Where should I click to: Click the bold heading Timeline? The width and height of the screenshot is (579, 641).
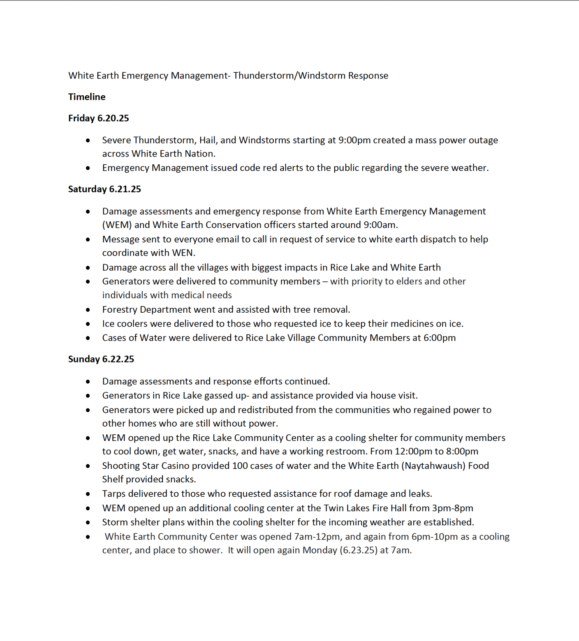[x=87, y=97]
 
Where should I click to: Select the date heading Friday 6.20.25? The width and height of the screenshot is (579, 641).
[x=99, y=118]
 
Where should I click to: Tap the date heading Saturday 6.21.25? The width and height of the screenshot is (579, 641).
[x=104, y=189]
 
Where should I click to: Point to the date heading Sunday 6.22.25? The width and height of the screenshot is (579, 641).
[x=101, y=359]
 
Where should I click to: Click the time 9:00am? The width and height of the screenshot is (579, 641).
[x=380, y=225]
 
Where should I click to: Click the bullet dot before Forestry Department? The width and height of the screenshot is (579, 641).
[x=88, y=310]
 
